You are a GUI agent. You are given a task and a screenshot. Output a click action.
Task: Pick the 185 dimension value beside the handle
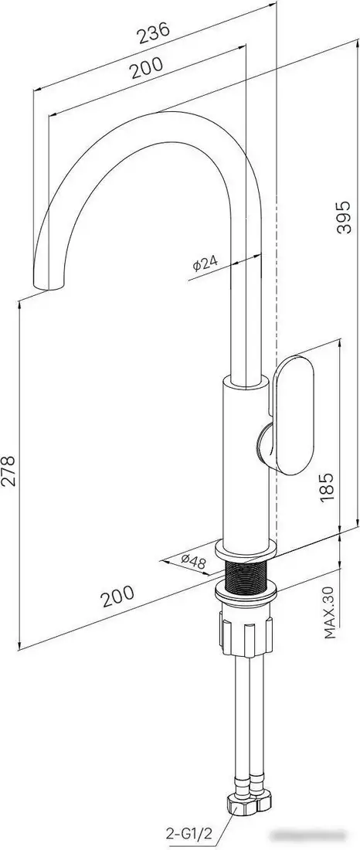click(x=328, y=488)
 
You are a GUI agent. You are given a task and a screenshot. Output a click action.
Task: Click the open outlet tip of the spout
click(x=46, y=287)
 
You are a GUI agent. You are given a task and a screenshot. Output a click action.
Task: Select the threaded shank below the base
click(x=246, y=576)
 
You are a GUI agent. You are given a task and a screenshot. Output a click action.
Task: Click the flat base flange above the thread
click(x=245, y=552)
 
